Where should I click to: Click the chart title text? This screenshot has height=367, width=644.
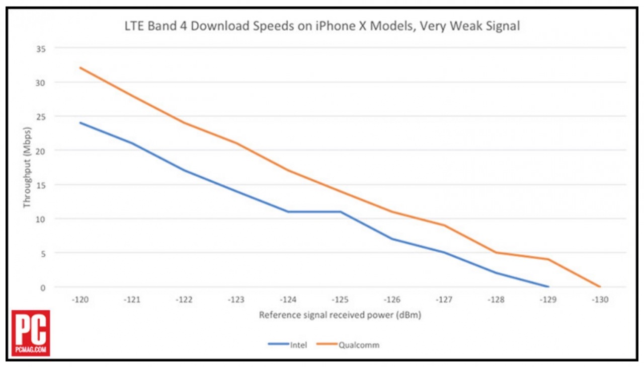tap(322, 26)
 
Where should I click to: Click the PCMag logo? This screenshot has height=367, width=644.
tap(31, 333)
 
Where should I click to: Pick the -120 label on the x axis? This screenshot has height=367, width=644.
tap(80, 300)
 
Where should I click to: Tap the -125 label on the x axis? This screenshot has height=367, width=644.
tap(340, 300)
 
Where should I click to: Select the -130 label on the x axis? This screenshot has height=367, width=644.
tap(600, 300)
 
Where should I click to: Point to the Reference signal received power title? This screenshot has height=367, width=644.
tap(340, 316)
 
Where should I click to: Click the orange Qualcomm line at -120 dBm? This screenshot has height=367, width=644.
tap(80, 67)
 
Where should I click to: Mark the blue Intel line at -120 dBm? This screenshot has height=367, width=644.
tap(80, 122)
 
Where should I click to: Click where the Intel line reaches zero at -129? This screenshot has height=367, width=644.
tap(548, 287)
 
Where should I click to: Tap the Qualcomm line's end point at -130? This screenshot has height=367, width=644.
tap(600, 287)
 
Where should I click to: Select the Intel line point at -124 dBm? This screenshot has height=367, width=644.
tap(288, 211)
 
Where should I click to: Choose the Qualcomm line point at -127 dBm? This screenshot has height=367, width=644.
tap(444, 225)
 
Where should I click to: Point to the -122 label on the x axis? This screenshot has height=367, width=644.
tap(184, 300)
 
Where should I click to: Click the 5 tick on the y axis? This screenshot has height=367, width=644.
tap(43, 253)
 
